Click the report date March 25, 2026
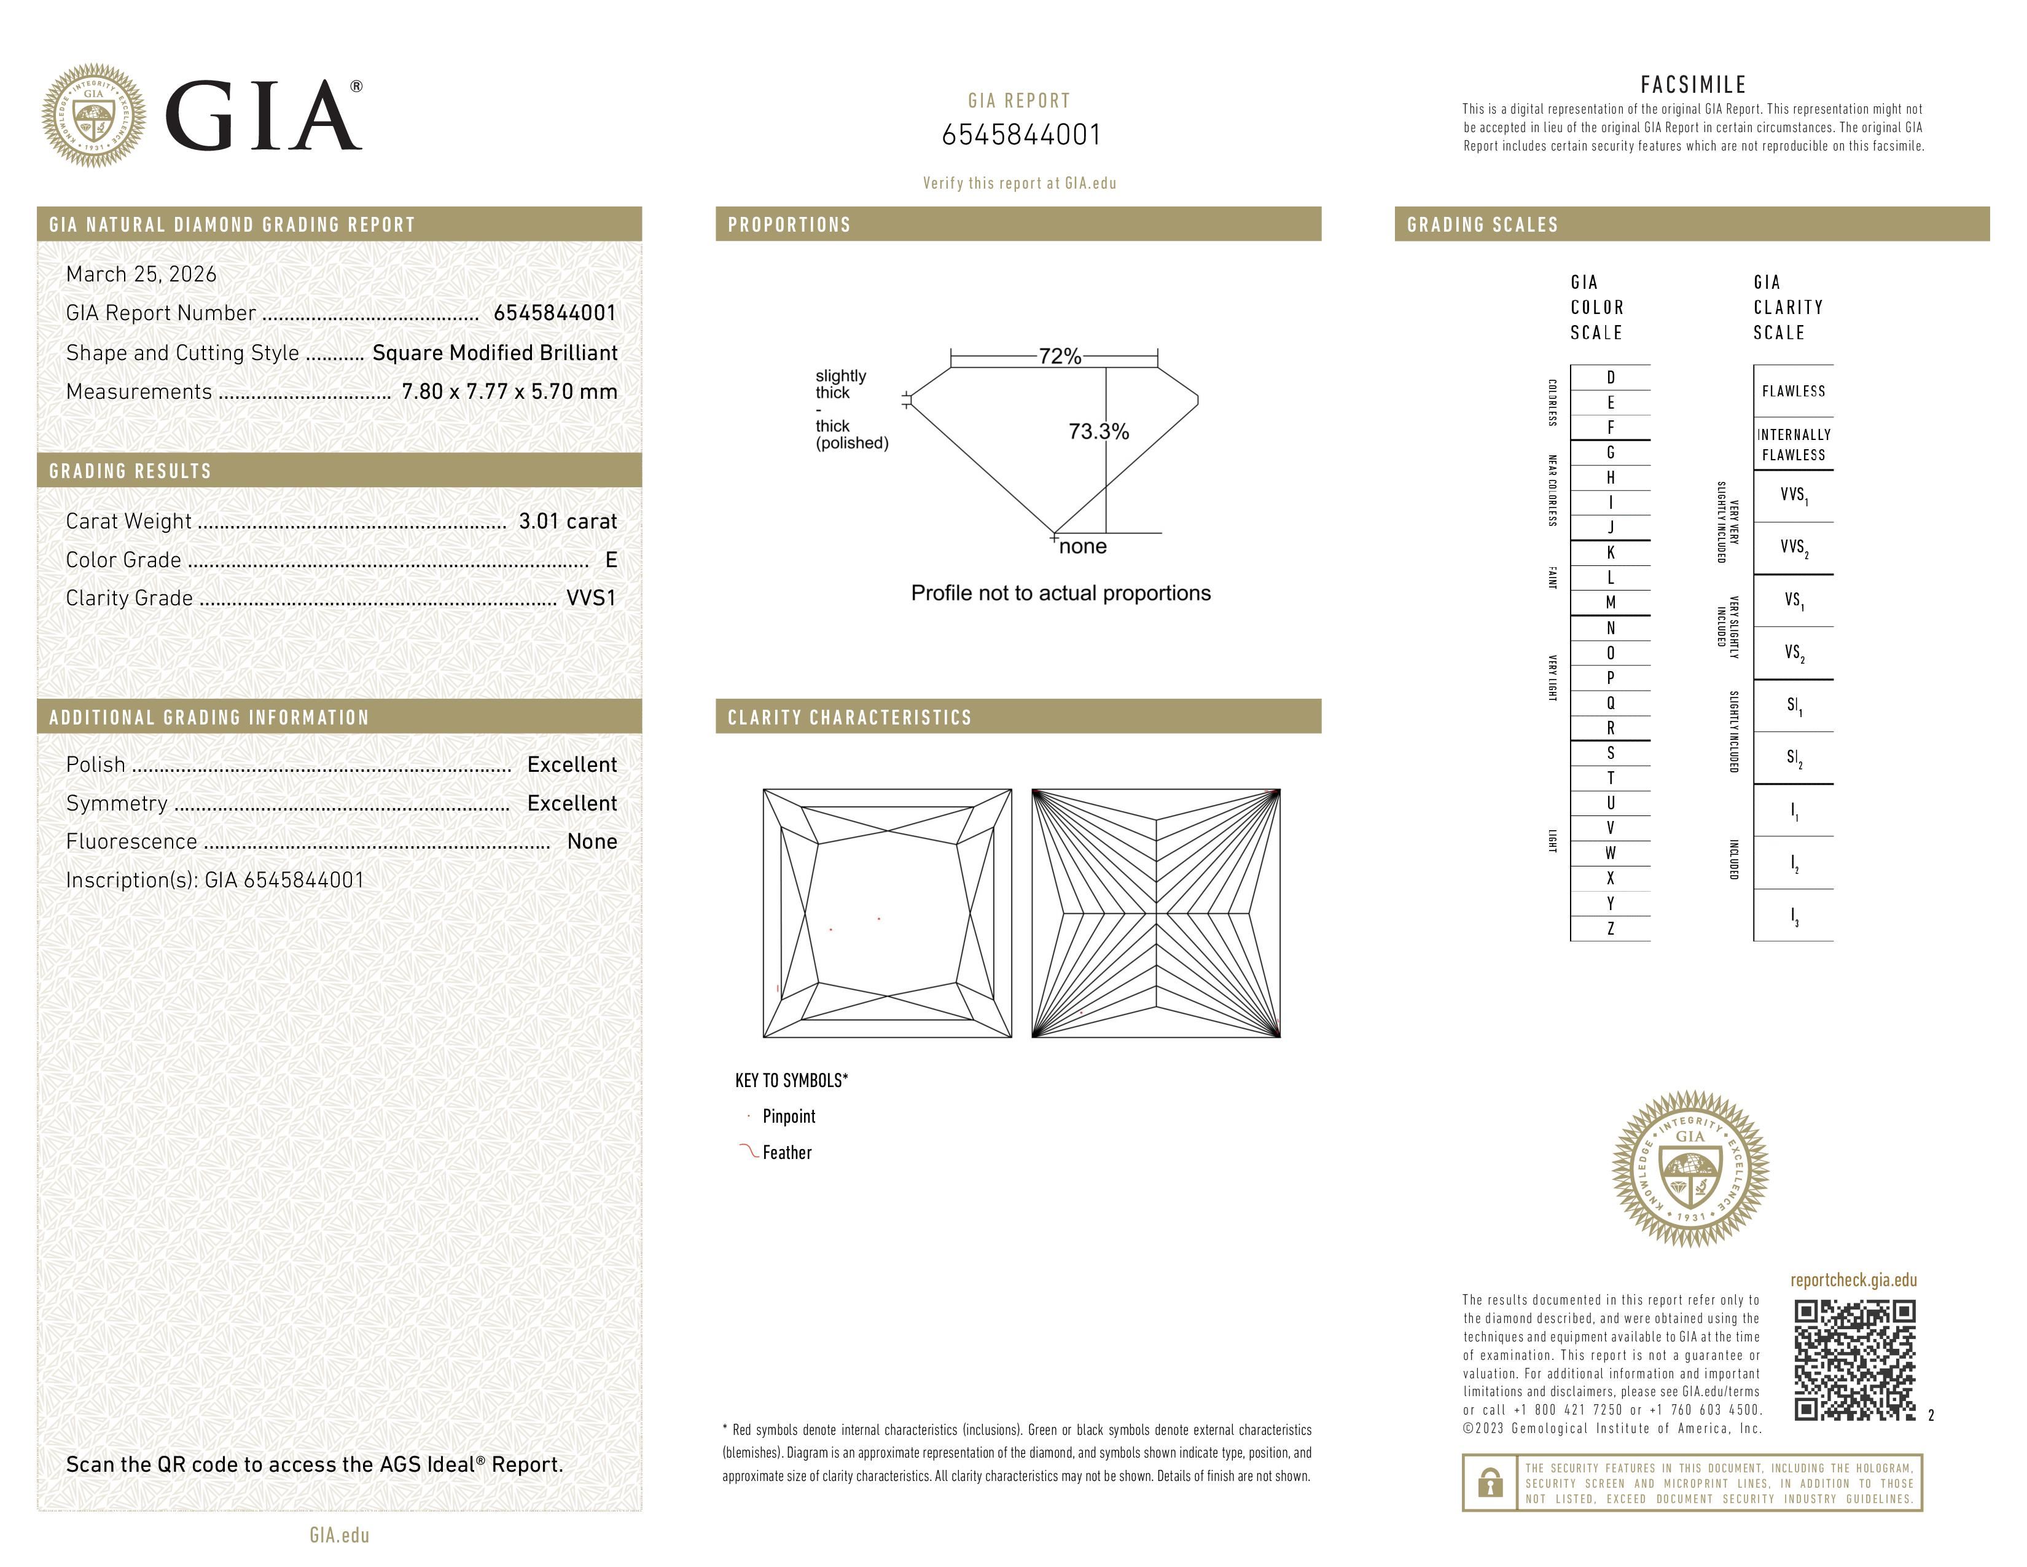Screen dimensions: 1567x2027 coord(141,274)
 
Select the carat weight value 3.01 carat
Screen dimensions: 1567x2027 coord(567,520)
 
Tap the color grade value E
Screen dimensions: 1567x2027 coord(610,560)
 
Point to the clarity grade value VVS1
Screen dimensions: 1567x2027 coord(591,598)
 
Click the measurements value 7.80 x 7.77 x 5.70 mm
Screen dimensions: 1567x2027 coord(509,392)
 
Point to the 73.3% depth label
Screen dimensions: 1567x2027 coord(1098,431)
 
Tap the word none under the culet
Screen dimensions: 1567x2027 coord(1082,547)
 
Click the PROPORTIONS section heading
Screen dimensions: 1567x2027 coord(789,225)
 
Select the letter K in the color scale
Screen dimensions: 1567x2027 coord(1611,552)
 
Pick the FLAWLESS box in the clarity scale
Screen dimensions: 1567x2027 coord(1793,391)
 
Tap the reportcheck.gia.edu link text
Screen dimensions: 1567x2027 coord(1853,1280)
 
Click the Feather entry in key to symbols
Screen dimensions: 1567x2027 coord(786,1153)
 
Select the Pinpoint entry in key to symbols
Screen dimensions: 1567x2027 coord(788,1117)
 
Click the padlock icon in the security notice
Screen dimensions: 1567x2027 coord(1490,1483)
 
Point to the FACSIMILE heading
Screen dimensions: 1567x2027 coord(1693,84)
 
